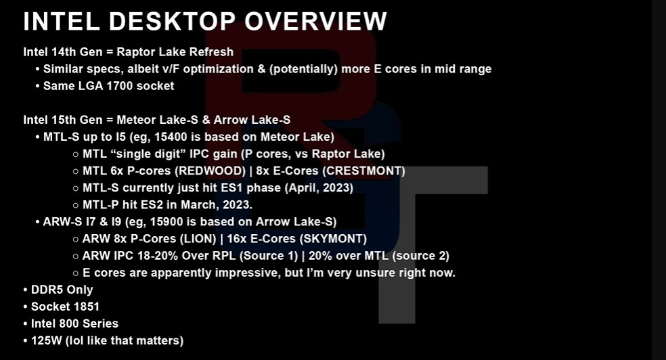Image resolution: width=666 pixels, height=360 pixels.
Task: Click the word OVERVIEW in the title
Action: click(x=315, y=21)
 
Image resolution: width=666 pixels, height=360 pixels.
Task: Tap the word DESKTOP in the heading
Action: click(x=172, y=21)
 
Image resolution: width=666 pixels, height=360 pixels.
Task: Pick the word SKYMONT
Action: click(x=334, y=239)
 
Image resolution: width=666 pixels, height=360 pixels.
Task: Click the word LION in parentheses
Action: click(x=198, y=239)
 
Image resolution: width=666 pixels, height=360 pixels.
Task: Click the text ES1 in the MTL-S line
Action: click(x=232, y=187)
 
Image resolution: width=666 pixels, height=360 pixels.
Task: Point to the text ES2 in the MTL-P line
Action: click(x=152, y=204)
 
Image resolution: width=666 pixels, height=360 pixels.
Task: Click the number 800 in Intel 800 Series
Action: click(x=69, y=323)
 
